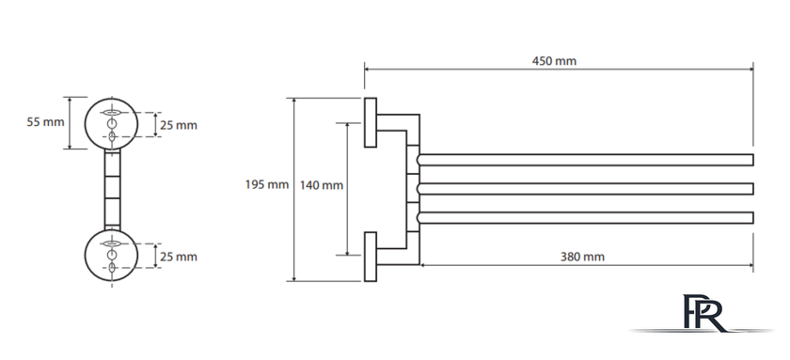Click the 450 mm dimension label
click(554, 61)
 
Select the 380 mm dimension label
click(582, 257)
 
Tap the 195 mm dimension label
click(267, 185)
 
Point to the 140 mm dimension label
click(322, 185)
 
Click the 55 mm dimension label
click(45, 122)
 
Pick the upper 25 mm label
click(179, 125)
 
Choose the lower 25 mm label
click(179, 257)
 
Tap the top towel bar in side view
click(585, 160)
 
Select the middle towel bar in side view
click(585, 189)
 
